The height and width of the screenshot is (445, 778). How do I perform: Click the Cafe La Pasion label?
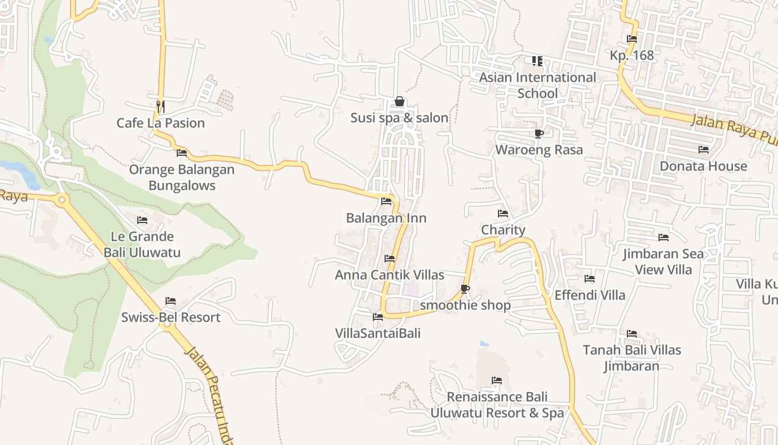click(161, 123)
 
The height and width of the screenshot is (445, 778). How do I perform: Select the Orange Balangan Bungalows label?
click(182, 177)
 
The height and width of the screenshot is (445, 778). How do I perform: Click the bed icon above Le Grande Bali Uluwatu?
click(142, 220)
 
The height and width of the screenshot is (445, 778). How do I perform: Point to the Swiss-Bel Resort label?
click(171, 318)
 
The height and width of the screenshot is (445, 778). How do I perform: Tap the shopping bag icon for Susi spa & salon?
click(399, 101)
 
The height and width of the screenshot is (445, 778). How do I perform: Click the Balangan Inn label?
click(386, 218)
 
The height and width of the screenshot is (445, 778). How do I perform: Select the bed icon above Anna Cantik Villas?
click(390, 259)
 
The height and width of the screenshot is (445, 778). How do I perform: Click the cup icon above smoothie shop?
click(465, 289)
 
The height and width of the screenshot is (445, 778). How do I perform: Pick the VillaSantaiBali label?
click(378, 333)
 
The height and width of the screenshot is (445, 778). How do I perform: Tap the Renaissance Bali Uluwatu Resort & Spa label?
click(497, 405)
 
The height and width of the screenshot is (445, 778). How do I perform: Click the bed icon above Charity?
click(503, 214)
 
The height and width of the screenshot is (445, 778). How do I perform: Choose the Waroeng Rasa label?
click(539, 150)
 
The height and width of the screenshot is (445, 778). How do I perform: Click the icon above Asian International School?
click(537, 61)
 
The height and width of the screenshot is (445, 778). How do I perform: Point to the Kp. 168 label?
click(632, 56)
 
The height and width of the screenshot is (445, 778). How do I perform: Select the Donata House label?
click(704, 166)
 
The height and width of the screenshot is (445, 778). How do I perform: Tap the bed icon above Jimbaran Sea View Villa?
click(663, 238)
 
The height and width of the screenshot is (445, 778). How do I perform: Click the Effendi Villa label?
click(590, 295)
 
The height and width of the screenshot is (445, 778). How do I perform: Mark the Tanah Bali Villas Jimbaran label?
click(632, 358)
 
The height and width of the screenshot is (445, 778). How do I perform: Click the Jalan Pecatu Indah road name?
click(208, 395)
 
